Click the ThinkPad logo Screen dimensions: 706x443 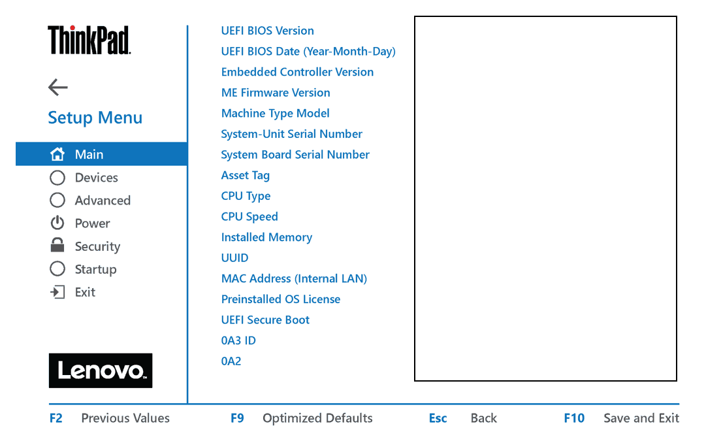89,40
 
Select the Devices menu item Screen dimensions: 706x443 97,178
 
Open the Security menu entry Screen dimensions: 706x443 98,246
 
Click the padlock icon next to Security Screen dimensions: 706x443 57,245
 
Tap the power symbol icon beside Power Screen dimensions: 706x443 57,223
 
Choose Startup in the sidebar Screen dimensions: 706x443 95,269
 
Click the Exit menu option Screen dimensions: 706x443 85,292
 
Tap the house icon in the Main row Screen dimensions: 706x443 57,154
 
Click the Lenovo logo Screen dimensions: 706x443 101,370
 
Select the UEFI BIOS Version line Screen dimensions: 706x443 268,31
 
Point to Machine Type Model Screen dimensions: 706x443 275,114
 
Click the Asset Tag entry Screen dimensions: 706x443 246,175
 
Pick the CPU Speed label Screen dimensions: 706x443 249,217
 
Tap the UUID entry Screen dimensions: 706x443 234,258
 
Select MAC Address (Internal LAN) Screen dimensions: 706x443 294,278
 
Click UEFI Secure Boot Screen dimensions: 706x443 265,320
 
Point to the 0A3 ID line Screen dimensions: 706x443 238,340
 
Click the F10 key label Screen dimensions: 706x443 574,418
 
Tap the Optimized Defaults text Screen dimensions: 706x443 317,418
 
